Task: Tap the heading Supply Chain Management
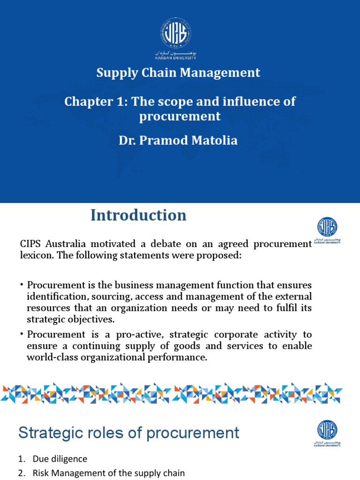click(x=178, y=73)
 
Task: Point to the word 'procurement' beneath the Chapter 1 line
click(x=180, y=116)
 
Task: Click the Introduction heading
click(x=138, y=215)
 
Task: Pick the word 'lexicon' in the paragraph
click(x=35, y=255)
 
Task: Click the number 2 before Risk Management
click(x=21, y=473)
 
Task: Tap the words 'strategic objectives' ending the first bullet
click(x=70, y=319)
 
